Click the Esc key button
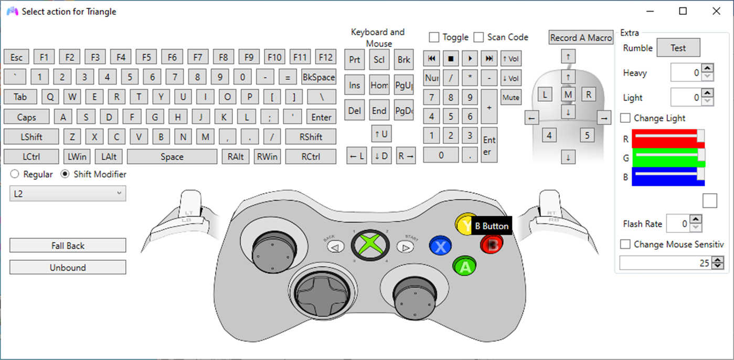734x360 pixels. [16, 57]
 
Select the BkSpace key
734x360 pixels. [318, 77]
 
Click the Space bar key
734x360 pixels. [172, 156]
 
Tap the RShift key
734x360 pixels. [311, 137]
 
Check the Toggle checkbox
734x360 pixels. [434, 37]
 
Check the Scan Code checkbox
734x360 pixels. [478, 37]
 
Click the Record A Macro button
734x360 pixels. [581, 38]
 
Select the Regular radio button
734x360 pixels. [15, 174]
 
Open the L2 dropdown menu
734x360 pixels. [68, 194]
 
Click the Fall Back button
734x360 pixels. [68, 246]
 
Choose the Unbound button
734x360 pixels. [68, 267]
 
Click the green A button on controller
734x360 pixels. [464, 267]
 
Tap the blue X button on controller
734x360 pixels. [440, 247]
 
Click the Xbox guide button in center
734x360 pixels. [371, 245]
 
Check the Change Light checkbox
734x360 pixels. [625, 118]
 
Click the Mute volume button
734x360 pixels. [510, 98]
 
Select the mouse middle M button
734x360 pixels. [568, 94]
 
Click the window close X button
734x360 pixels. [716, 11]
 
